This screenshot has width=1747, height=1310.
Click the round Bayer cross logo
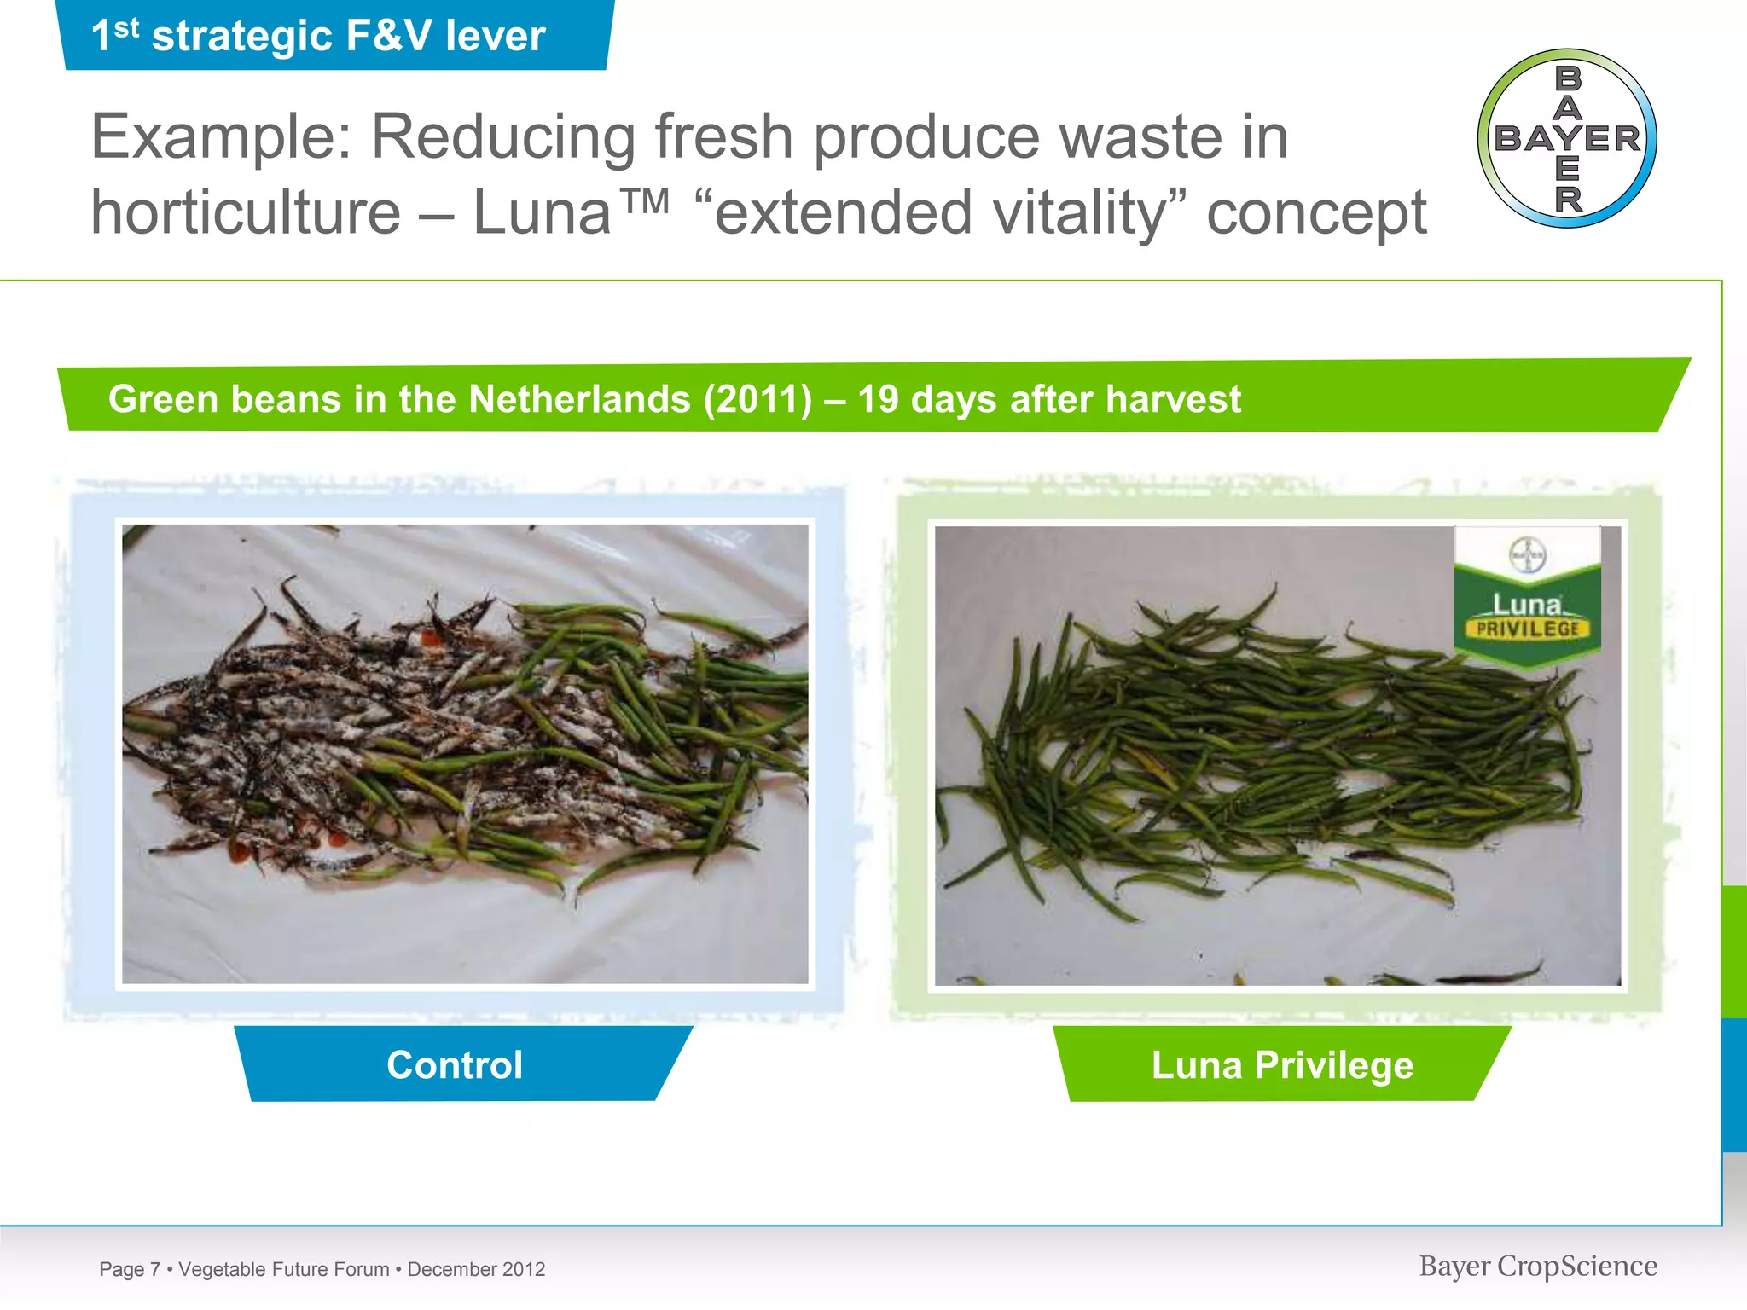[1567, 138]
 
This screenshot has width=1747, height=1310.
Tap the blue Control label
[455, 1064]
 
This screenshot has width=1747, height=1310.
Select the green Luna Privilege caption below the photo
[1282, 1064]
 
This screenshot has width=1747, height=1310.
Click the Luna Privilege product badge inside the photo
[1527, 597]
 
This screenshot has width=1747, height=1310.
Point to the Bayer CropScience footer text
[1538, 1267]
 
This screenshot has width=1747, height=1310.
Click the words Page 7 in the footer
[130, 1269]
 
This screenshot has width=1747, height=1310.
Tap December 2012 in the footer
[476, 1269]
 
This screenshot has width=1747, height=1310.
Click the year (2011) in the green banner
[757, 399]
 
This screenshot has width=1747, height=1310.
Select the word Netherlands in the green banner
[579, 399]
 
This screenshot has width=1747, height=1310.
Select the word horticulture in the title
[246, 212]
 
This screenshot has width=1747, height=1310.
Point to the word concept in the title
[1316, 214]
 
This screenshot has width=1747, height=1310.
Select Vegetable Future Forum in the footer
[284, 1269]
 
